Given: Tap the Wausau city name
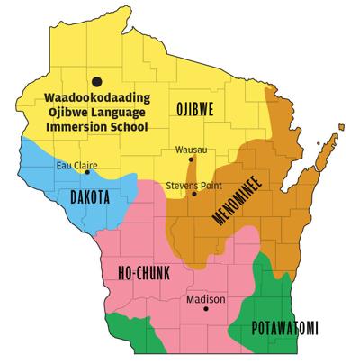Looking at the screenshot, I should point(188,150).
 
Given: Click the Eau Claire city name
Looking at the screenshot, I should point(73,164).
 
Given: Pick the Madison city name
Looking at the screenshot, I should point(206,299).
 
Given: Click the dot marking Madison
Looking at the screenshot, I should point(206,310).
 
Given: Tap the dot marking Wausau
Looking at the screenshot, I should point(189,160).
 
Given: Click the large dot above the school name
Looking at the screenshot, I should point(95,80).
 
